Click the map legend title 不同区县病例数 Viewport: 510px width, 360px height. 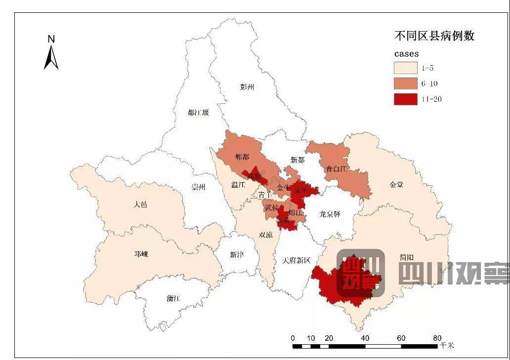pos(434,36)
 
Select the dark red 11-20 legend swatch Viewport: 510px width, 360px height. pos(405,99)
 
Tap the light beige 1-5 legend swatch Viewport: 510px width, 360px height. pos(405,68)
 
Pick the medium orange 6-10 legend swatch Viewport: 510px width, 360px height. pos(405,83)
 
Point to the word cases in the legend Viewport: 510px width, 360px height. pos(406,53)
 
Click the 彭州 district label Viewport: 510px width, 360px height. pos(247,87)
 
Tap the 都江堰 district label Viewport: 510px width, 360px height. pos(198,113)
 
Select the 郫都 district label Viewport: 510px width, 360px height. pos(242,157)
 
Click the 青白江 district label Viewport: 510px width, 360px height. pos(337,169)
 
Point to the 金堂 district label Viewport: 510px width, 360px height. pos(396,185)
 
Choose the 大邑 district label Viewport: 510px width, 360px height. pos(140,204)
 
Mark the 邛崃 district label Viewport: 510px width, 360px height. pos(141,254)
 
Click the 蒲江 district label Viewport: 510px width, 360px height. pos(173,298)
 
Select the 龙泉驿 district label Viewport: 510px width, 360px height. pos(330,214)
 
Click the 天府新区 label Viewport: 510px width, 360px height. pos(296,260)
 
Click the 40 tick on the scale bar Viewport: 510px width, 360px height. pos(365,338)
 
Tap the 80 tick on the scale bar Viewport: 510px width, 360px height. pos(437,338)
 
